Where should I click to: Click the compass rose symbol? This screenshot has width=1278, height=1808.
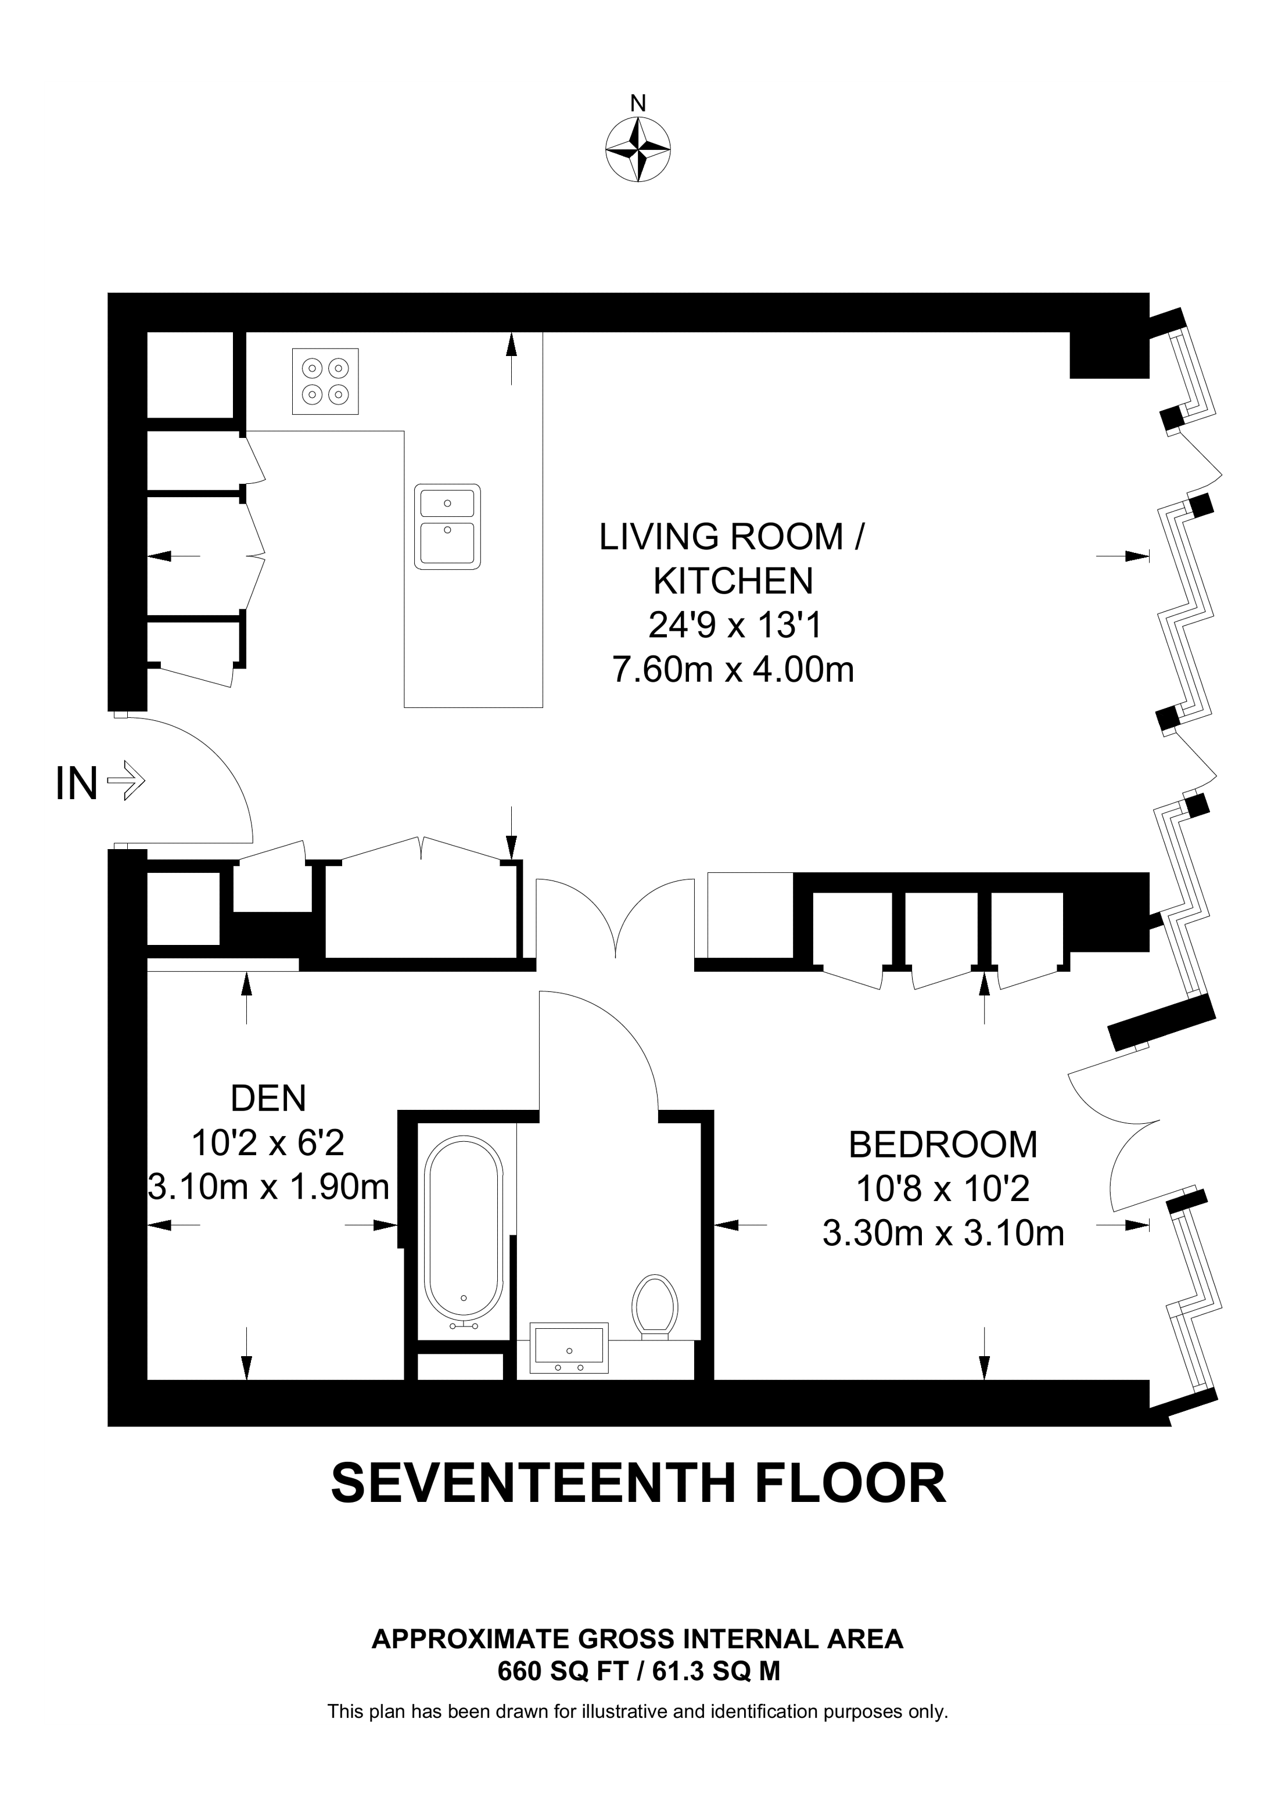(638, 150)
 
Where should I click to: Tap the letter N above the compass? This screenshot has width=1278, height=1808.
(638, 103)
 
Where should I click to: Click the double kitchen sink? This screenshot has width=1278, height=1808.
(447, 526)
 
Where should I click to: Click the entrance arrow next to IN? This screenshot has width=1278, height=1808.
(126, 782)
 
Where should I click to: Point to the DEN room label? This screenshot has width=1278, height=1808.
(268, 1098)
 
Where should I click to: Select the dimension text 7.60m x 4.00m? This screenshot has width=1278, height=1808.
(733, 670)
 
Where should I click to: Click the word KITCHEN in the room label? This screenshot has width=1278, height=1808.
(733, 581)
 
